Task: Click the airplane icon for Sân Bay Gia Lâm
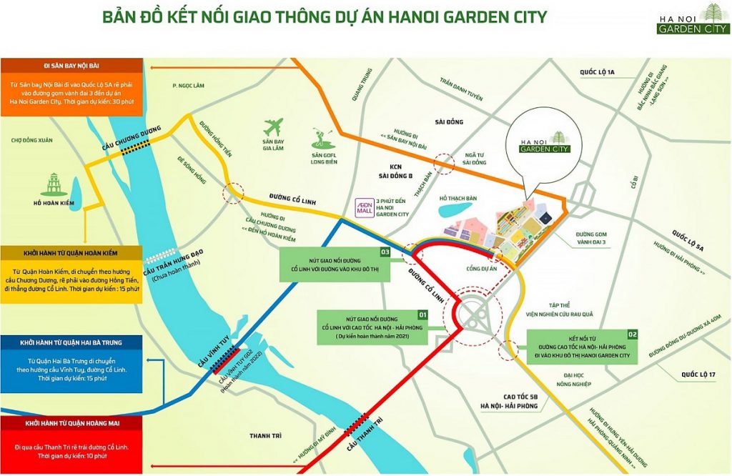click(274, 127)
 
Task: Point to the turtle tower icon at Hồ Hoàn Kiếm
click(54, 182)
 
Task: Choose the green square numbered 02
click(632, 334)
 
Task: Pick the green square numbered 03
click(384, 252)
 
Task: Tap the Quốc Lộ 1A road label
click(597, 72)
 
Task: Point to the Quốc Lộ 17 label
click(698, 374)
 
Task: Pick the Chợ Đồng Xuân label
click(31, 140)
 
